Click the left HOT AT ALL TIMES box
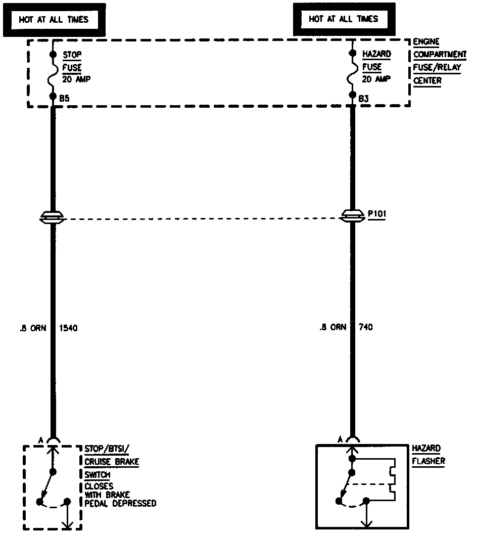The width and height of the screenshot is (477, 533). click(x=54, y=20)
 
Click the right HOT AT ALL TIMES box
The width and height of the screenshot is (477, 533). click(x=344, y=20)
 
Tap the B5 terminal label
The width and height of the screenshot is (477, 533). click(x=64, y=98)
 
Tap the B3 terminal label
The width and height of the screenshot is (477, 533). click(x=363, y=98)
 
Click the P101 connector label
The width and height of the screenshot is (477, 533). click(x=377, y=213)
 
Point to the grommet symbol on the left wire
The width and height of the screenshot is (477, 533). click(x=53, y=218)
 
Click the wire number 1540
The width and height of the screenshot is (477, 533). click(x=69, y=328)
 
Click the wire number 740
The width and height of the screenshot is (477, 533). click(x=365, y=328)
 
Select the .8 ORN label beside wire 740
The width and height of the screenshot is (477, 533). click(x=332, y=328)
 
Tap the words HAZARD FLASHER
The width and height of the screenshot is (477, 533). click(x=427, y=455)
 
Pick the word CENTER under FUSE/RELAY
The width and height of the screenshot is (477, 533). click(x=427, y=80)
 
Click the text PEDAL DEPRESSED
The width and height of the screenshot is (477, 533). click(x=120, y=503)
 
